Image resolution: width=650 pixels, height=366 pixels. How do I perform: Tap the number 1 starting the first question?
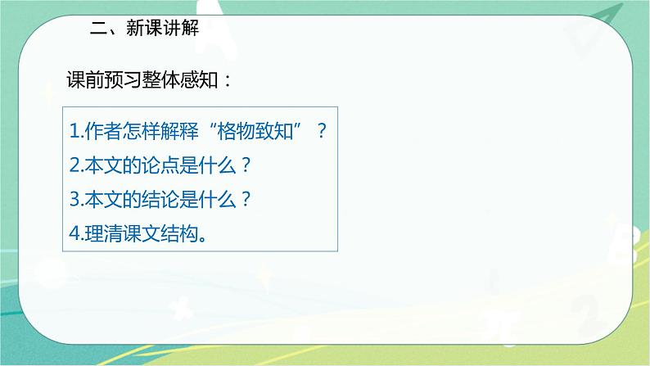point(73,131)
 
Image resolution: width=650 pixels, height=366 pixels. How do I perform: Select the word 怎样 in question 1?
point(137,131)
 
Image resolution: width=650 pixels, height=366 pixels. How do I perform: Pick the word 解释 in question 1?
point(173,131)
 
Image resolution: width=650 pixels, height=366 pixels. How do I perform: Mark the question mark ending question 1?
point(322,131)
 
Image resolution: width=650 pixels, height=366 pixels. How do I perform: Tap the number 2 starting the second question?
point(74,165)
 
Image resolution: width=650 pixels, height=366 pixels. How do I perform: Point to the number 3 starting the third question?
point(74,200)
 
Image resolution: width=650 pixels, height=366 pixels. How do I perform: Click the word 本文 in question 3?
point(100,200)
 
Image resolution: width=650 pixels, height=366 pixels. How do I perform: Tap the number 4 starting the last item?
point(74,234)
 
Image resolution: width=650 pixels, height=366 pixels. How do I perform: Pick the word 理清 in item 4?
point(100,234)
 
